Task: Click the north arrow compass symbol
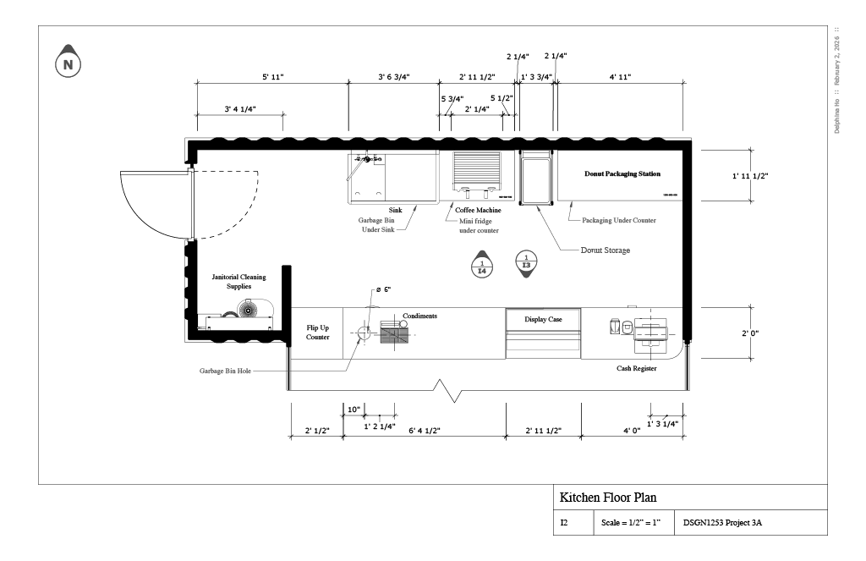[69, 63]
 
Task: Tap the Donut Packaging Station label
[622, 174]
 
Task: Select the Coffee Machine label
[478, 210]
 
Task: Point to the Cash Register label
[636, 369]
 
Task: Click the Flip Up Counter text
[318, 332]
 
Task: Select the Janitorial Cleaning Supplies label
[238, 282]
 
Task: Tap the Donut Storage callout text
[606, 250]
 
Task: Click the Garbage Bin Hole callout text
[225, 371]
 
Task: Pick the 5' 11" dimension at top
[272, 77]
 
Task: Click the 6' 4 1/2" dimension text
[424, 431]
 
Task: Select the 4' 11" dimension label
[620, 77]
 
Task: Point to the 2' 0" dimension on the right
[749, 333]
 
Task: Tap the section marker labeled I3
[526, 261]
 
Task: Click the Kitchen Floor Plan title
[608, 498]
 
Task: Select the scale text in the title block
[633, 523]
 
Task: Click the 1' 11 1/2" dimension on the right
[750, 176]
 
